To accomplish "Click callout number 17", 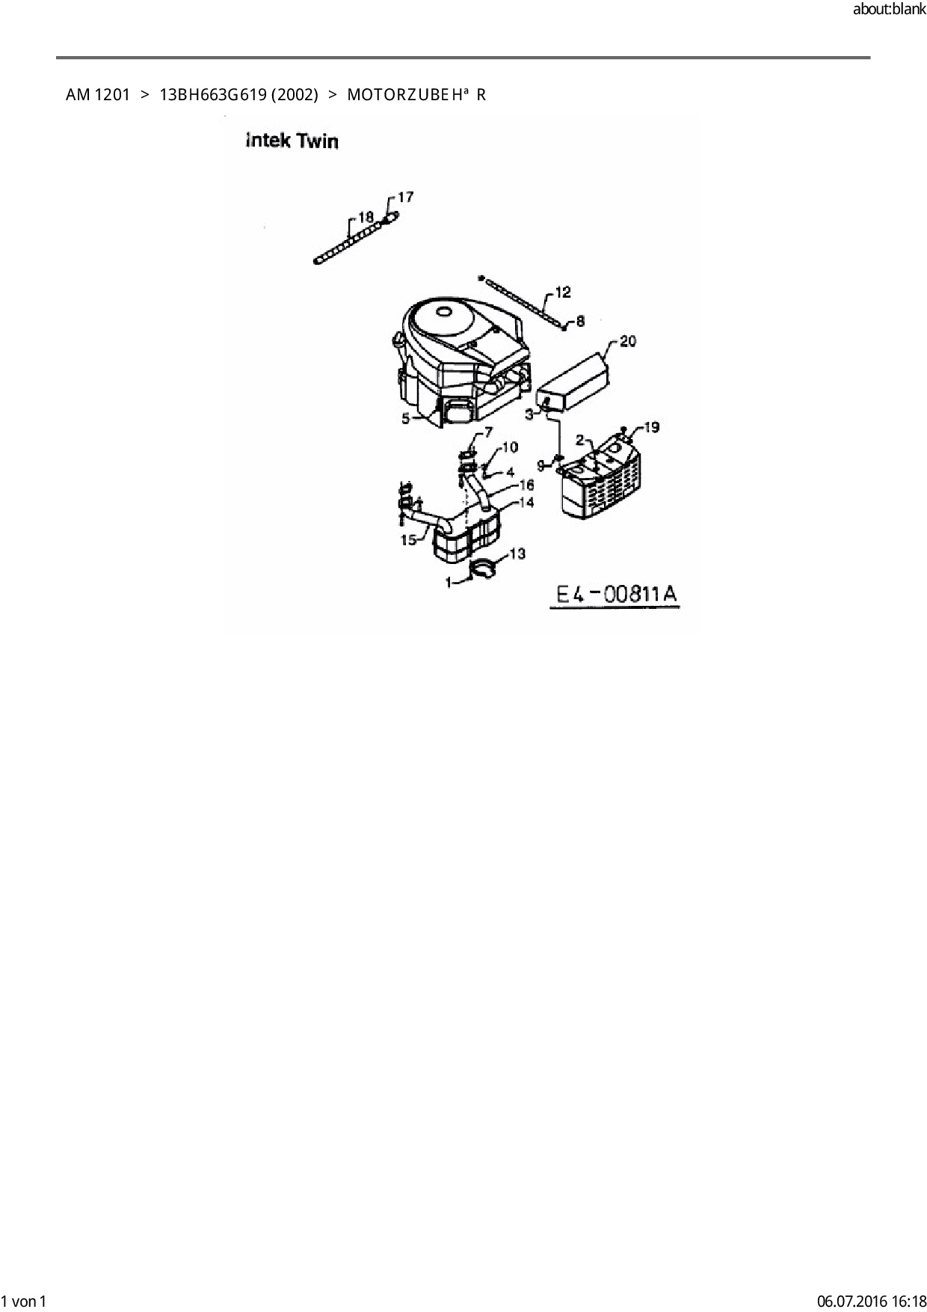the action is tap(404, 197).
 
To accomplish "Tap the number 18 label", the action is tap(366, 217).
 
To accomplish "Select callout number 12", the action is tap(563, 292).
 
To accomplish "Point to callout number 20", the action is tap(628, 341).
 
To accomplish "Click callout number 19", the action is tap(651, 427).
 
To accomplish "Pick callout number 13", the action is tap(517, 554).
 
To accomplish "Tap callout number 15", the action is tap(408, 539).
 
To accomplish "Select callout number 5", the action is tap(406, 419).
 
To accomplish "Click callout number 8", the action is tap(580, 321).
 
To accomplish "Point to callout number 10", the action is tap(509, 447).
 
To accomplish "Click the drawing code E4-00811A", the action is tap(617, 594).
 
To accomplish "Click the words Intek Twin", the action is tap(292, 141).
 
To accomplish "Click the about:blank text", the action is tap(889, 10).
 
